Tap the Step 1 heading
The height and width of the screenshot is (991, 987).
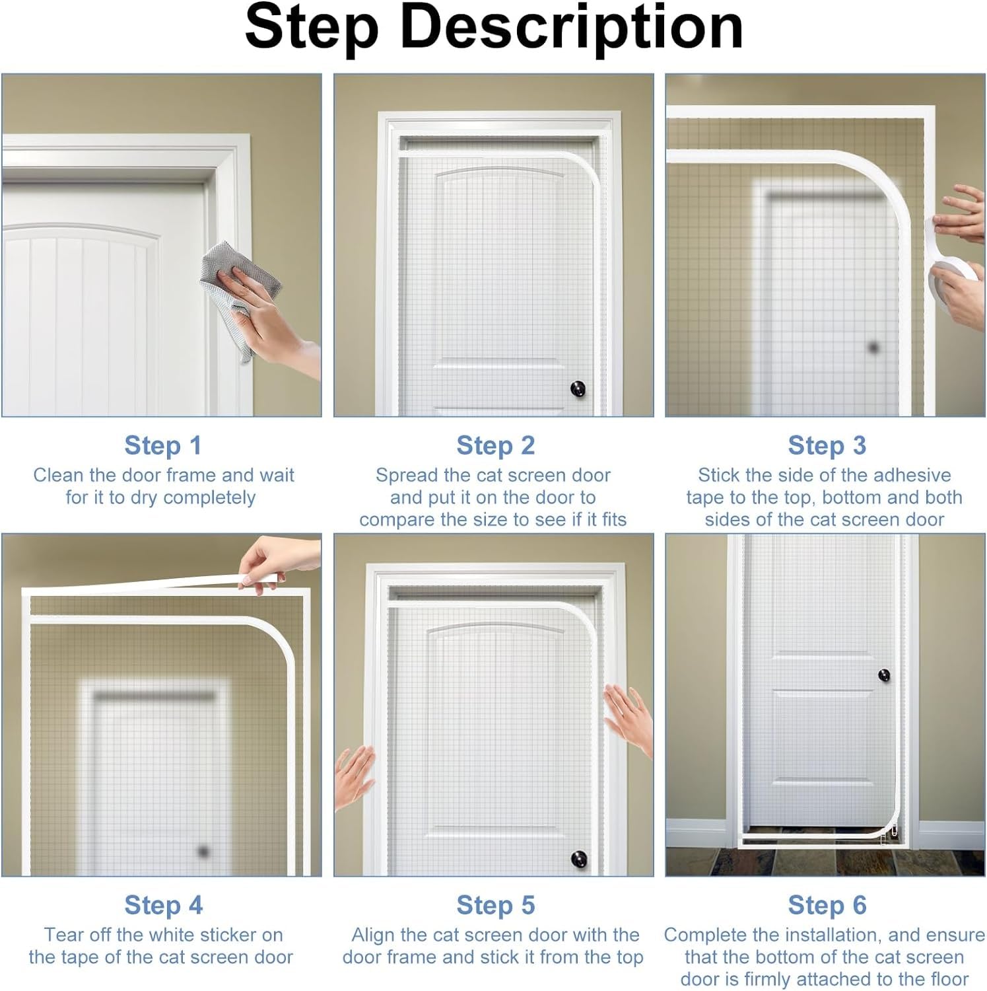pyautogui.click(x=163, y=445)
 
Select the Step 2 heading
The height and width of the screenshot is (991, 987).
pyautogui.click(x=495, y=445)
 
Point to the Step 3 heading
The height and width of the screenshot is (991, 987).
pyautogui.click(x=827, y=445)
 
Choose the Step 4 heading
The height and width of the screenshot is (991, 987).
pyautogui.click(x=163, y=905)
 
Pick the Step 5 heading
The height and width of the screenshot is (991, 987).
pyautogui.click(x=495, y=905)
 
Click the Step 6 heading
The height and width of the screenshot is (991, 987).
pyautogui.click(x=827, y=905)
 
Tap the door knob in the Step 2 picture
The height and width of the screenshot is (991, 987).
pyautogui.click(x=578, y=388)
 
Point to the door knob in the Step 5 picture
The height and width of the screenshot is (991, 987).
pyautogui.click(x=578, y=859)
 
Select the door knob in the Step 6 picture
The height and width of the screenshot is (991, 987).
pyautogui.click(x=884, y=675)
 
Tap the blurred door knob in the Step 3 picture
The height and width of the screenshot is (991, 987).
pyautogui.click(x=873, y=347)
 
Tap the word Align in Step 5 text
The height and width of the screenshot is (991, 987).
pyautogui.click(x=373, y=936)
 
